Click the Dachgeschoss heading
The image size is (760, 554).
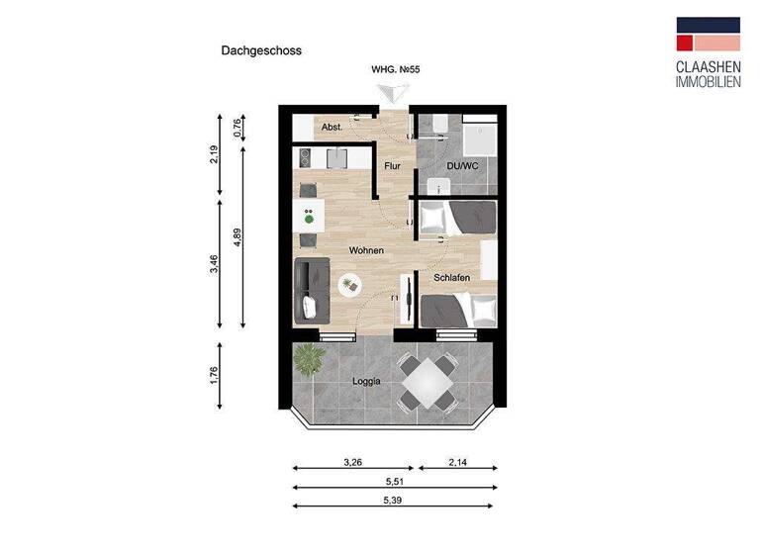(x=261, y=49)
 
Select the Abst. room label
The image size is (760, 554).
(x=332, y=128)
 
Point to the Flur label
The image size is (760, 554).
(x=393, y=166)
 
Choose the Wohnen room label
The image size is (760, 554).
(x=365, y=250)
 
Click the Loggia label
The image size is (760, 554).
(x=366, y=381)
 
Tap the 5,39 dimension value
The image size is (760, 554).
(x=394, y=501)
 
